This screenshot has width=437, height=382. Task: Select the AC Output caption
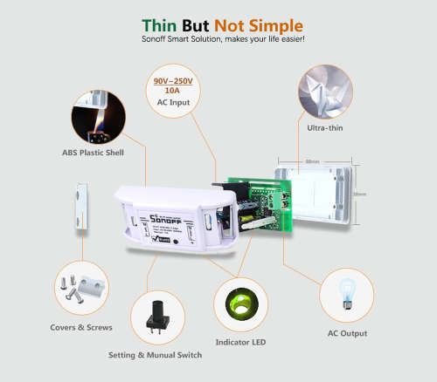click(347, 333)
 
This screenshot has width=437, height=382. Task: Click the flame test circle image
click(99, 118)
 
